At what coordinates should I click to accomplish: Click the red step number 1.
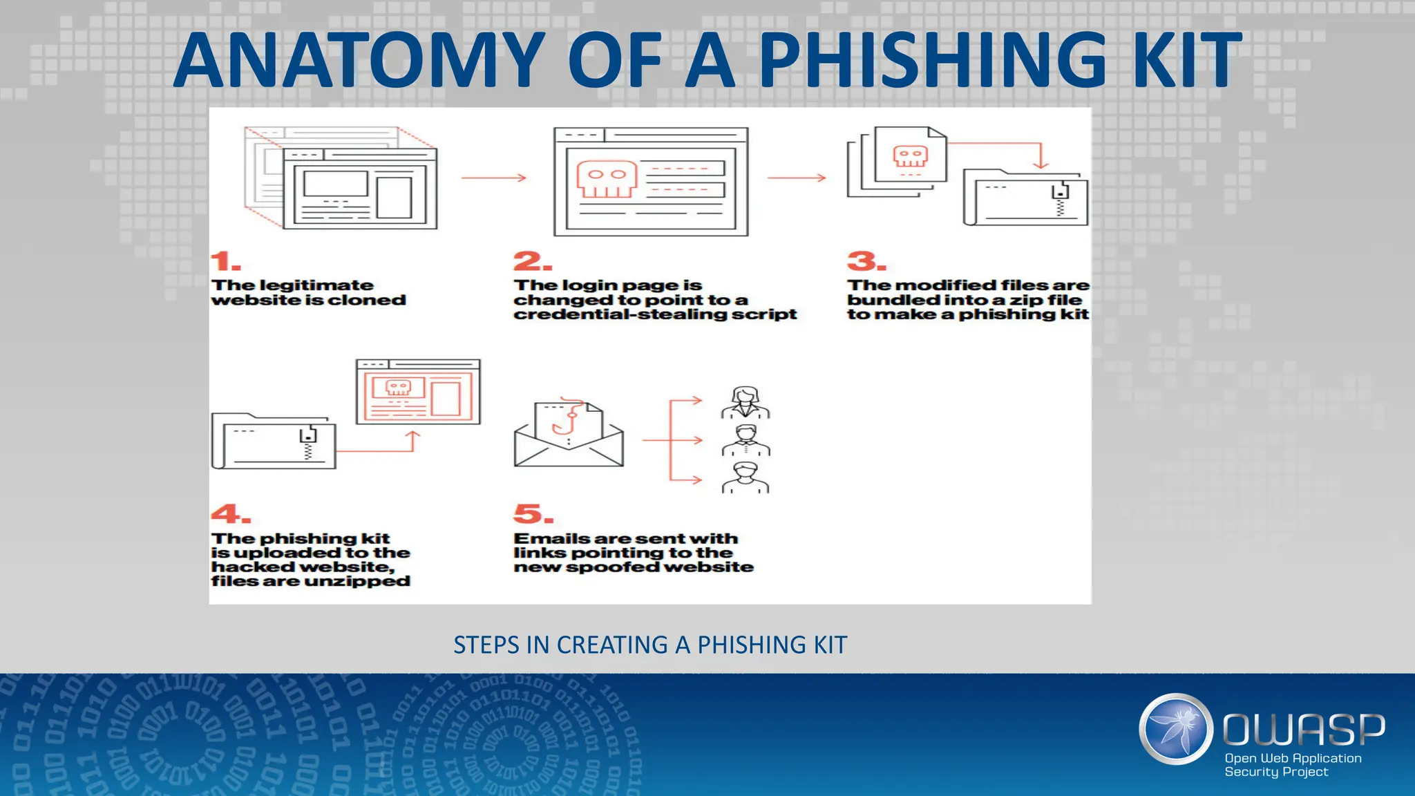(225, 261)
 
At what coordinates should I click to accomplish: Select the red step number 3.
(866, 261)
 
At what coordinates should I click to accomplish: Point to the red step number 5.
(533, 514)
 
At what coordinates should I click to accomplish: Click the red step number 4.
(230, 514)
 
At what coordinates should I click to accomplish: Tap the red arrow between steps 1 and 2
(493, 178)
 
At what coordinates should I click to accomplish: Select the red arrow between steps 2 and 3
(797, 178)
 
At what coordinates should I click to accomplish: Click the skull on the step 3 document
(910, 156)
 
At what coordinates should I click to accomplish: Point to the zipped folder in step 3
(1025, 198)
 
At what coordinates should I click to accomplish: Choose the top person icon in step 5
(746, 402)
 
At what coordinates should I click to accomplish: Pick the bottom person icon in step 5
(746, 478)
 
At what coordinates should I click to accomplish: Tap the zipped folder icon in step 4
(274, 443)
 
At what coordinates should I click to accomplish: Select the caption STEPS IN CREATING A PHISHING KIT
(649, 645)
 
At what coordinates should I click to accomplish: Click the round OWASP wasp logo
(1175, 729)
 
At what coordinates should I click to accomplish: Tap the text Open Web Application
(1293, 758)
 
